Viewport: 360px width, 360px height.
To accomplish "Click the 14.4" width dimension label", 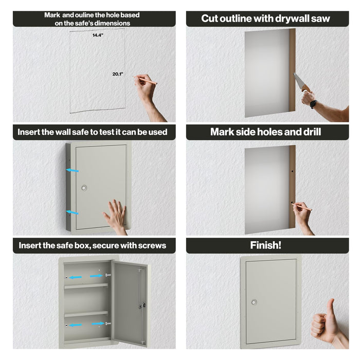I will pos(97,35).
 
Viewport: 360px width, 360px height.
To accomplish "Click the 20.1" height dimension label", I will pos(118,74).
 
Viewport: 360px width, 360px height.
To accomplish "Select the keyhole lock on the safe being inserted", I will pos(84,188).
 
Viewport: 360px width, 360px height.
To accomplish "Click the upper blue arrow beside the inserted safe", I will pos(72,169).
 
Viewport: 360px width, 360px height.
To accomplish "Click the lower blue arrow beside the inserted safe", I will pos(72,211).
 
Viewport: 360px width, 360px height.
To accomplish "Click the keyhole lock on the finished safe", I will pos(254,302).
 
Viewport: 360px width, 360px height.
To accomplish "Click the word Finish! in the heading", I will pos(265,245).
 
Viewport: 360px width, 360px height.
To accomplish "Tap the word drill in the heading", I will pos(310,132).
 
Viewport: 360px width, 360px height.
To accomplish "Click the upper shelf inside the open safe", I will pos(85,286).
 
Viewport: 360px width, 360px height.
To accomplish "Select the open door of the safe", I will pos(129,303).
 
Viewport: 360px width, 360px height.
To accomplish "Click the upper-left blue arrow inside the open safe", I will pos(76,277).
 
